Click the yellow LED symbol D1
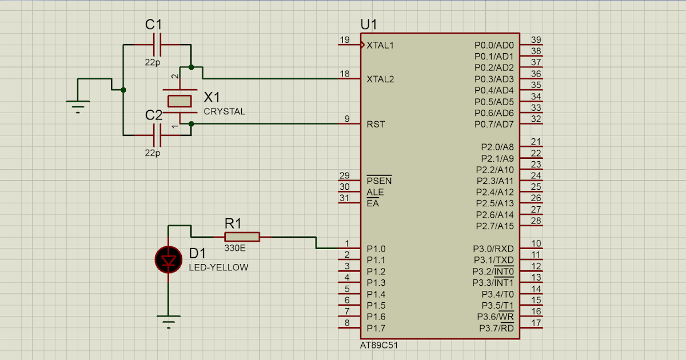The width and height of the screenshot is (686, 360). tap(169, 260)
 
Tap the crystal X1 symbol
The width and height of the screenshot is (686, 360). tap(180, 101)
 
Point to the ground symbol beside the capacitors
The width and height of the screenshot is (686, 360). tap(78, 105)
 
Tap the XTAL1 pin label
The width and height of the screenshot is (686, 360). tap(380, 45)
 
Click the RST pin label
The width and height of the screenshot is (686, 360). tap(375, 124)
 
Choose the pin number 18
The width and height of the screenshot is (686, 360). tap(345, 74)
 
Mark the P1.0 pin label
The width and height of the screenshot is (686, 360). tap(376, 249)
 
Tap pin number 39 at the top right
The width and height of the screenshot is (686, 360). tap(536, 39)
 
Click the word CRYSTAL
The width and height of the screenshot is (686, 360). tap(224, 111)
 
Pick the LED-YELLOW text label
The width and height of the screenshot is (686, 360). tap(219, 267)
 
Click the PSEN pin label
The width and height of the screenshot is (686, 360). tap(379, 181)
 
